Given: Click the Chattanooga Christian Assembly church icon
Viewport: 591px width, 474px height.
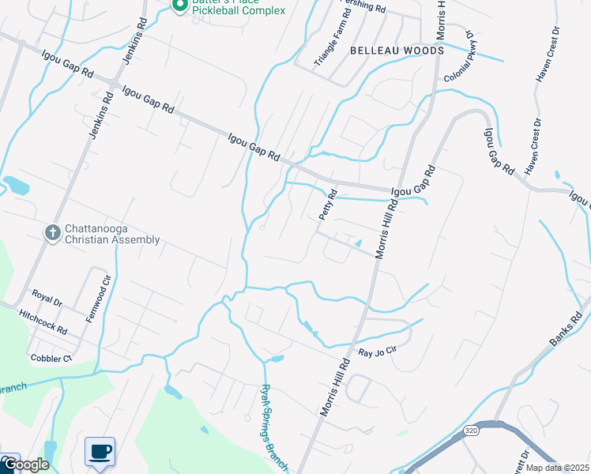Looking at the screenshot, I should [x=53, y=232].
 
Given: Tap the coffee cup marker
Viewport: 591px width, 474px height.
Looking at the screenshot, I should [x=100, y=451].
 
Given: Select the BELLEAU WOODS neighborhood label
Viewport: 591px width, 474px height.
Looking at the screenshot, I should [x=397, y=50].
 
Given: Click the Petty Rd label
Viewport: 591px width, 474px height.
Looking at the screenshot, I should [x=328, y=205].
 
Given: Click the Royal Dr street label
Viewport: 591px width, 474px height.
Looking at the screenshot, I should [x=47, y=297].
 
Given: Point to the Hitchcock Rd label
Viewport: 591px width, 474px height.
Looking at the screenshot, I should [x=43, y=320].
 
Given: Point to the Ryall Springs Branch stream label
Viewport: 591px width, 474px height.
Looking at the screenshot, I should [x=277, y=427].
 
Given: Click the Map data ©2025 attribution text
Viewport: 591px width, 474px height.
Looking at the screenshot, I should [x=558, y=468].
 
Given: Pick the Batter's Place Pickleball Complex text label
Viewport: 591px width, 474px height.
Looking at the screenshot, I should [x=238, y=9].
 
